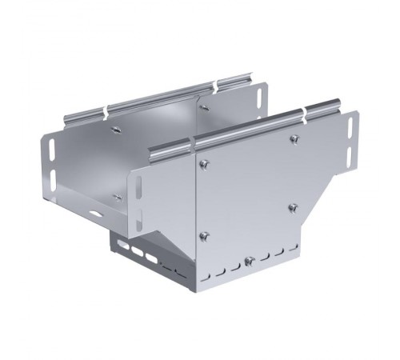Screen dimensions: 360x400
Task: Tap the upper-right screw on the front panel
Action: click(294, 140)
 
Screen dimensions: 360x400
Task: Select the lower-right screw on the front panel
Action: click(293, 208)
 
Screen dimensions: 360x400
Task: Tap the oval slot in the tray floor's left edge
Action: click(95, 214)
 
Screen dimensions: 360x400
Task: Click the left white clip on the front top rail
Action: click(195, 143)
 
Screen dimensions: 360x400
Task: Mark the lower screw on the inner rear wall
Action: click(118, 195)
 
